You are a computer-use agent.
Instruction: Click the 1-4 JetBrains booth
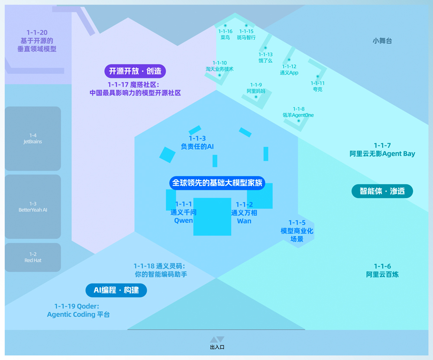(x=33, y=138)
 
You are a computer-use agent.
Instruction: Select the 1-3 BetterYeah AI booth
(x=33, y=207)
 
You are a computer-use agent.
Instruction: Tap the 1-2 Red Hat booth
(x=33, y=257)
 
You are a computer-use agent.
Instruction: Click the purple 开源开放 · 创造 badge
(x=135, y=71)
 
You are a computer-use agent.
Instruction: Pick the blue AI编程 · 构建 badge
(x=116, y=290)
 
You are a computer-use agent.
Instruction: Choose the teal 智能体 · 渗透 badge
(x=382, y=191)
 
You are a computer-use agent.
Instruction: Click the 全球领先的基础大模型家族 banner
(x=217, y=183)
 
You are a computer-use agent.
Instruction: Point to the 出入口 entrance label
(x=217, y=347)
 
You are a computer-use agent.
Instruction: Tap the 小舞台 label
(x=382, y=41)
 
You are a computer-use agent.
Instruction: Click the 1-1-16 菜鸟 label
(x=225, y=35)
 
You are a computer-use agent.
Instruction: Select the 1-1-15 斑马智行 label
(x=246, y=35)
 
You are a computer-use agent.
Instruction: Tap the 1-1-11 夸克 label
(x=317, y=86)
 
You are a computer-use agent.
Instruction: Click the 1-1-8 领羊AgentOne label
(x=298, y=112)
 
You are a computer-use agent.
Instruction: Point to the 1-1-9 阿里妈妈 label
(x=256, y=88)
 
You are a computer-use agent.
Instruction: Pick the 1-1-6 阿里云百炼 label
(x=382, y=270)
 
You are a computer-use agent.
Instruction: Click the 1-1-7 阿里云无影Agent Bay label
(x=382, y=150)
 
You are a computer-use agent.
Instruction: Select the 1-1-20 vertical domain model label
(x=37, y=41)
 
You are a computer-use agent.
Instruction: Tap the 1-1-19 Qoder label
(x=78, y=311)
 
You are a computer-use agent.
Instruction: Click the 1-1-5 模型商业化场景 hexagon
(x=297, y=231)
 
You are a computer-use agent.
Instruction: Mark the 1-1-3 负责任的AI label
(x=197, y=143)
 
